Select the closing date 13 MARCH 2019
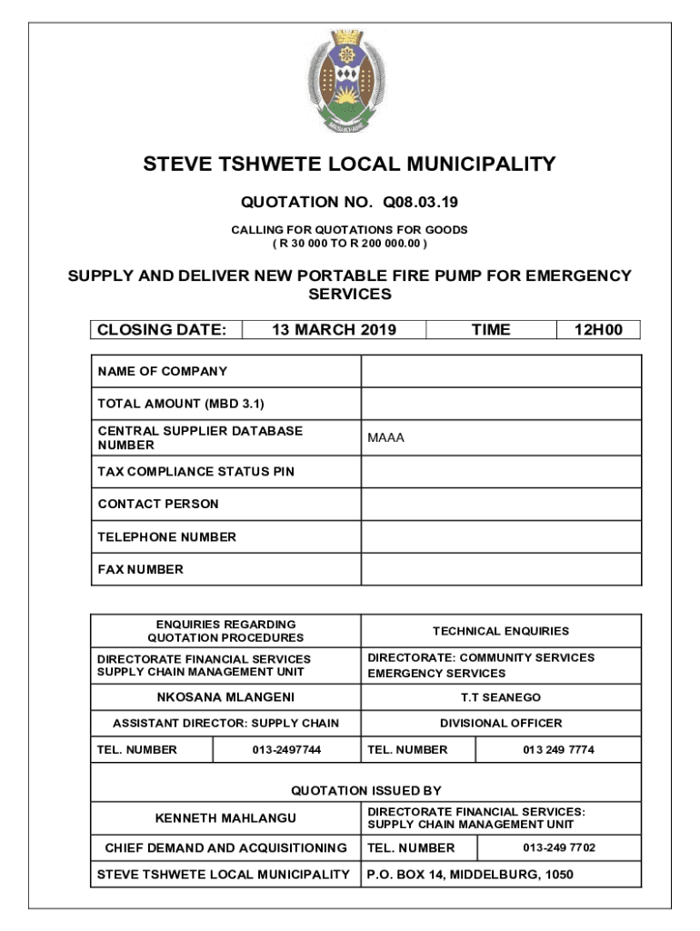point(335,330)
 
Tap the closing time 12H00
point(598,330)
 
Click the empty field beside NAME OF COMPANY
point(501,371)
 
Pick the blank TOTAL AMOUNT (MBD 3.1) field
point(501,404)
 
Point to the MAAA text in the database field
point(386,438)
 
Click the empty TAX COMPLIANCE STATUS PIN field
point(501,472)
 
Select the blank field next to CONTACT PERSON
point(501,504)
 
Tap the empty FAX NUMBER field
point(501,569)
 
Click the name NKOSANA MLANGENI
point(225,697)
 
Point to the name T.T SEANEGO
point(501,697)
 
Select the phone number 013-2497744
point(286,750)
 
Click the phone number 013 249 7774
point(558,750)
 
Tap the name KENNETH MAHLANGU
point(225,818)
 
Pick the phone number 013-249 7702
point(559,847)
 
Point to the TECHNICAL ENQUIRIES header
point(501,631)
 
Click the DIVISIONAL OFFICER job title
point(501,724)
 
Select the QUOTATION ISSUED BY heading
point(365,791)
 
